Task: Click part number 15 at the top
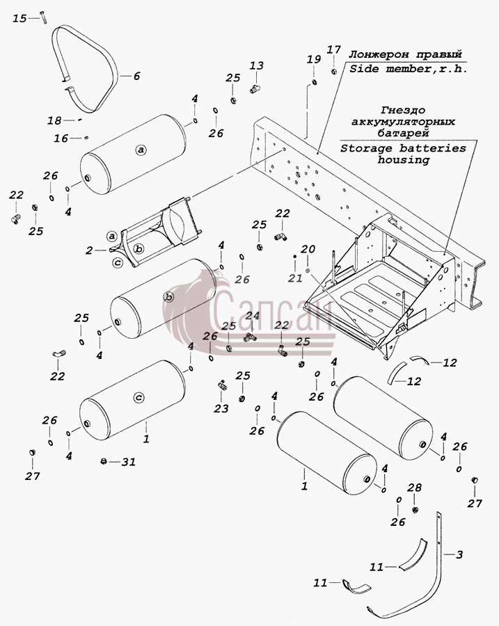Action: tap(19, 18)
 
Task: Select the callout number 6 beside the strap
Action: tap(136, 76)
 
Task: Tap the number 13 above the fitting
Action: tap(257, 65)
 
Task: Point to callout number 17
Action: tap(334, 49)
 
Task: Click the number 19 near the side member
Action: tap(314, 59)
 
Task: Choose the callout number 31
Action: tap(129, 462)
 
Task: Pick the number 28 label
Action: tap(414, 488)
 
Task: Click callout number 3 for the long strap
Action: tap(459, 554)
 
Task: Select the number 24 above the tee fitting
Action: tap(253, 316)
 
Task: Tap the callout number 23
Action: tap(221, 408)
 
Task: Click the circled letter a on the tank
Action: tap(140, 150)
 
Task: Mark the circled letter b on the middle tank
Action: tap(169, 298)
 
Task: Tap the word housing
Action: tap(404, 160)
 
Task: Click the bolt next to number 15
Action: tap(43, 17)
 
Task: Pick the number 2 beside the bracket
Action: tap(89, 250)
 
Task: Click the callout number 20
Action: tap(308, 250)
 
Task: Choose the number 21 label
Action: tap(296, 278)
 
